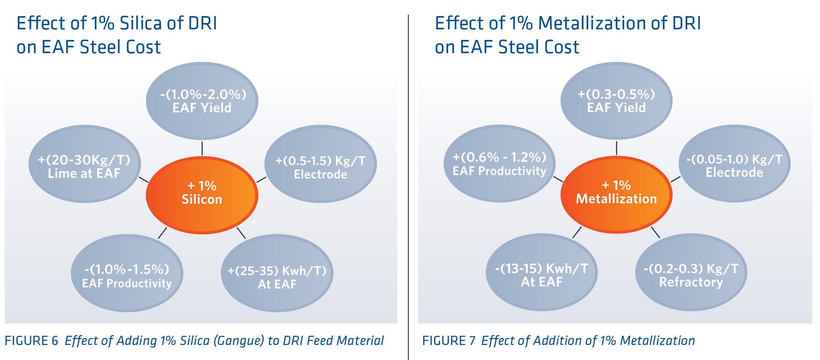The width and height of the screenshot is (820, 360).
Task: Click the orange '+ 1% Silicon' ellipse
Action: pos(202,195)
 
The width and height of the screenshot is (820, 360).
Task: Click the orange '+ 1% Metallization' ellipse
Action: pos(616,194)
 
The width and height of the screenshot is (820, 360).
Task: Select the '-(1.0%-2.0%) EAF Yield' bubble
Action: pos(202,101)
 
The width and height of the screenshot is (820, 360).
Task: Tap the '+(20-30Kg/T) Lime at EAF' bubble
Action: pos(84,164)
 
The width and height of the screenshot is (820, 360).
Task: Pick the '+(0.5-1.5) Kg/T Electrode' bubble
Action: pos(320,164)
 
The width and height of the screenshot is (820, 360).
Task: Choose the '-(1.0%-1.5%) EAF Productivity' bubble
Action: pos(127,273)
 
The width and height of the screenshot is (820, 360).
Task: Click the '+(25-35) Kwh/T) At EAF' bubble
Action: pos(277,273)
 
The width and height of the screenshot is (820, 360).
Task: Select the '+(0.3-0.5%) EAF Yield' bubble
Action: pos(616,101)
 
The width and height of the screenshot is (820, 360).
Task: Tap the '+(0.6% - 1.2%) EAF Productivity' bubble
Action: pos(499,164)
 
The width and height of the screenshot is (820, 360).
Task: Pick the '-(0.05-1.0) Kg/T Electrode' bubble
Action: pos(734,164)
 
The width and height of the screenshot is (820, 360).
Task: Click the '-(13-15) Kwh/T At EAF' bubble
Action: pos(542,272)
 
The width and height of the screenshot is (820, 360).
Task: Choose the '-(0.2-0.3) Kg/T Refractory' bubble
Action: pos(691,272)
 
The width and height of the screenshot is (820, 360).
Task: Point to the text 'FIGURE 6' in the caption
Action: pos(32,341)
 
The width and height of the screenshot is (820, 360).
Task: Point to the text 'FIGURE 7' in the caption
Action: pos(449,341)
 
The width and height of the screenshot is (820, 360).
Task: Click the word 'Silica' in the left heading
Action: pos(141,23)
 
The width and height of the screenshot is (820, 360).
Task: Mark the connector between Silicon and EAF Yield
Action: pos(202,148)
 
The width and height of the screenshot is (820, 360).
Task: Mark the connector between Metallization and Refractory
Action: pos(655,232)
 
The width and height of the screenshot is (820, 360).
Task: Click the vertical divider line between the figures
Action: pos(408,183)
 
